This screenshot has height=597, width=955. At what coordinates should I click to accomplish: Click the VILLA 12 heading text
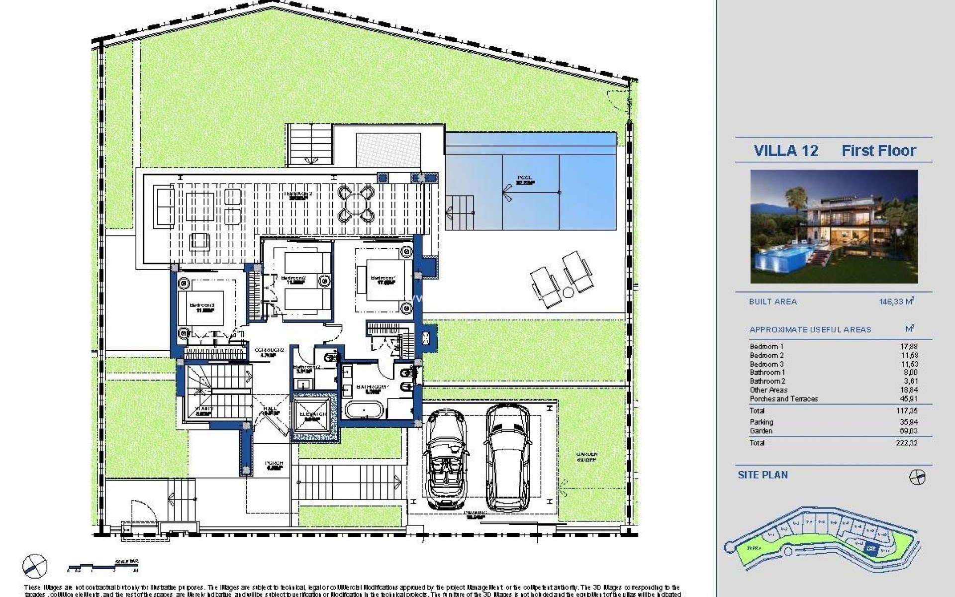coord(785,150)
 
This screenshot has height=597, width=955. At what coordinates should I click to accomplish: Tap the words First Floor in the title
coord(878,150)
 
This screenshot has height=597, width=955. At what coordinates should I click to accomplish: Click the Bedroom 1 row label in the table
coord(766,347)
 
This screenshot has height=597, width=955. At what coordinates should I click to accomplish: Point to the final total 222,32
coord(908,443)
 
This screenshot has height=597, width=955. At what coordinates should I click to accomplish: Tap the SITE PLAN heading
coord(763,475)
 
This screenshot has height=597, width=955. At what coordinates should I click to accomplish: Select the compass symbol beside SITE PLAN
coord(917,477)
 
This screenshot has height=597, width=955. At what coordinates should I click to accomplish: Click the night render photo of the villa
coord(834,226)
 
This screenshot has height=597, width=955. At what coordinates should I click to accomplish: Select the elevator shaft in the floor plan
coord(314,414)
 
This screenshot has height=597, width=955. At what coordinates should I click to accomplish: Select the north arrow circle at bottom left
coord(34,564)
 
